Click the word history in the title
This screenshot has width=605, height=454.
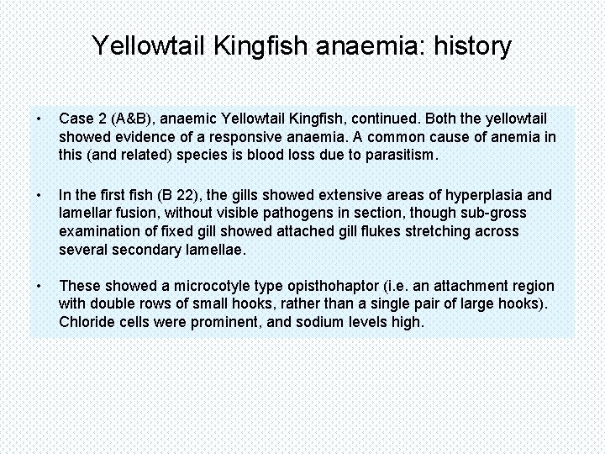[x=472, y=45]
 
